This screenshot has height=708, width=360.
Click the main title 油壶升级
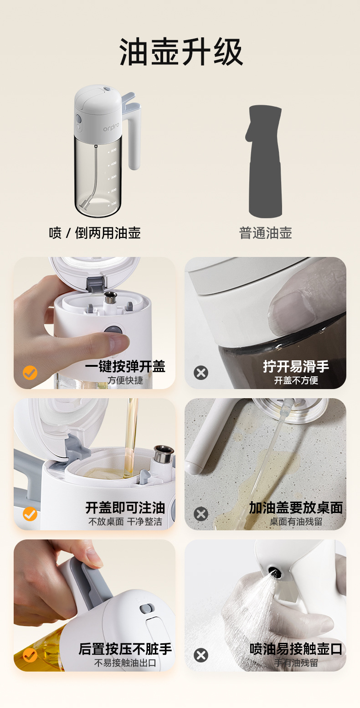click(x=181, y=52)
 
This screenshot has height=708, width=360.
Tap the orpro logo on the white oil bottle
click(x=111, y=127)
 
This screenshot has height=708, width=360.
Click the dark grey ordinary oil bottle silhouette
click(x=265, y=162)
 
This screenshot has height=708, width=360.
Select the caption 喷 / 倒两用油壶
click(x=95, y=233)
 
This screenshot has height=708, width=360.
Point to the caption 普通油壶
click(x=266, y=233)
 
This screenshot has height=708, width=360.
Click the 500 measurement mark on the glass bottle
click(x=113, y=150)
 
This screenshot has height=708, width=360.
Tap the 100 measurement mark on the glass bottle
click(x=113, y=203)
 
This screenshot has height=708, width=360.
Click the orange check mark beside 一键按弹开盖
click(x=30, y=373)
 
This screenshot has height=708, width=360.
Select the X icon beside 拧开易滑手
click(x=201, y=373)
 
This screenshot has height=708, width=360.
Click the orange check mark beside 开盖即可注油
click(x=30, y=514)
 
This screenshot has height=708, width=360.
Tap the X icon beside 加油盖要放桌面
click(x=201, y=514)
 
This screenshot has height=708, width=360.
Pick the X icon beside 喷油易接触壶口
click(x=201, y=655)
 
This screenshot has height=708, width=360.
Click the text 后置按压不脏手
click(x=125, y=649)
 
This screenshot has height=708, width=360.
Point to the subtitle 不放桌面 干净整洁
click(x=125, y=522)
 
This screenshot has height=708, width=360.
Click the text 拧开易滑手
click(x=296, y=366)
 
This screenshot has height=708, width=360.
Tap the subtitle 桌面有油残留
click(x=296, y=522)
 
